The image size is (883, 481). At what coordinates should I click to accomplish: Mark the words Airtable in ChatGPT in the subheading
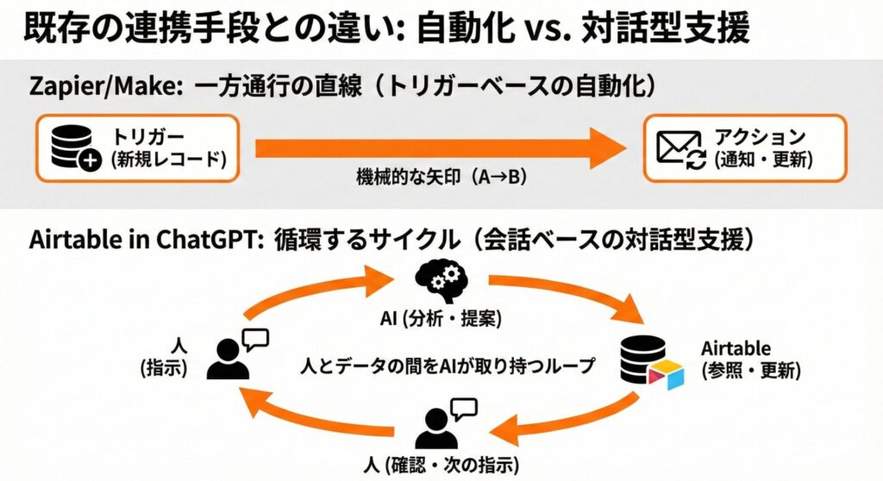[141, 242]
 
